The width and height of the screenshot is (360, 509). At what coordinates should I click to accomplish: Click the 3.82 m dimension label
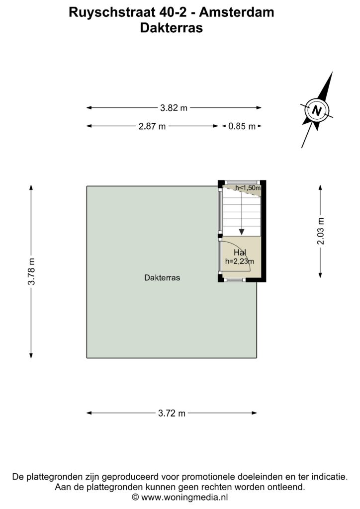(x=174, y=108)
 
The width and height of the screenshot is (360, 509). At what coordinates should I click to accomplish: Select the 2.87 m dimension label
(x=152, y=126)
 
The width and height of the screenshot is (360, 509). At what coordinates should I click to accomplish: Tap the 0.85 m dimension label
(x=242, y=126)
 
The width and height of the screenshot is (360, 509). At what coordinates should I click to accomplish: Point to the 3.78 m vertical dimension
(x=31, y=271)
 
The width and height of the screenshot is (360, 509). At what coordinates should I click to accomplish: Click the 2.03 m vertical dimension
(x=320, y=231)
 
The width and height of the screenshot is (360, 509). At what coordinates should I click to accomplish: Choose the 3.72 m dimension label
(x=172, y=413)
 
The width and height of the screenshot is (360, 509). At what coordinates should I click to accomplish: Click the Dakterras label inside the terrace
(x=162, y=278)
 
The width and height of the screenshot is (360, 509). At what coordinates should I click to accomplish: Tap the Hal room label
(x=240, y=253)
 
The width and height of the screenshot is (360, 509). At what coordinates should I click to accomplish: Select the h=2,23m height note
(x=240, y=261)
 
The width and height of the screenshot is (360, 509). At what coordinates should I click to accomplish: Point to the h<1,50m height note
(x=248, y=187)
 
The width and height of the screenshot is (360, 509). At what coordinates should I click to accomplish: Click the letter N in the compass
(x=317, y=111)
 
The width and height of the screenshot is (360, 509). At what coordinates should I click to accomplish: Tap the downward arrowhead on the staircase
(x=242, y=232)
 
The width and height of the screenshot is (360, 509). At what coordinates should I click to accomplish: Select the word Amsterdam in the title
(x=237, y=12)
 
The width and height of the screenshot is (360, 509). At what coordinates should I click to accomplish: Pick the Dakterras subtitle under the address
(x=172, y=28)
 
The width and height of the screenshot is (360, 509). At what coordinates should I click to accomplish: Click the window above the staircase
(x=242, y=182)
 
